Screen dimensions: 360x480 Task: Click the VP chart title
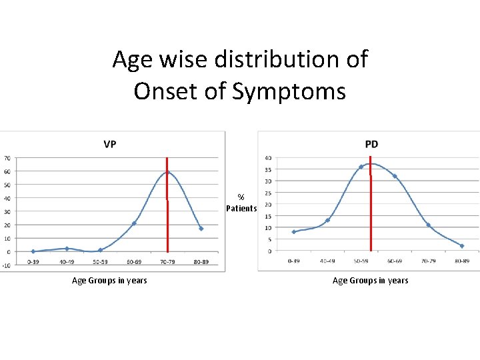coord(109,144)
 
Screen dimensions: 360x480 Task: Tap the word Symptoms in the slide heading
coord(289,91)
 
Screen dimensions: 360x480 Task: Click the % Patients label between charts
coord(241,203)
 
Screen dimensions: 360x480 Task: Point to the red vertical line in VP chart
coord(167,220)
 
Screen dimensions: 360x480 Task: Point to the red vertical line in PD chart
coord(370,213)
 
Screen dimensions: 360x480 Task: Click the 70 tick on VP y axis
coord(7,158)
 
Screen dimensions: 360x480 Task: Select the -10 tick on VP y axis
coord(6,265)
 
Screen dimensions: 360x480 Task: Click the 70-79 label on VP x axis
coord(167,262)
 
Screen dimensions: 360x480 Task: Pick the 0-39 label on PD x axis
coord(293,261)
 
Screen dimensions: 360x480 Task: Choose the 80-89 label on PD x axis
coord(462,261)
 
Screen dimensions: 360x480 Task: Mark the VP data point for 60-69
coord(134,223)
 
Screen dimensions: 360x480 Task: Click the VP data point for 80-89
coord(201,229)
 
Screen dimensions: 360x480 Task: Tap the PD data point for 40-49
coord(327,220)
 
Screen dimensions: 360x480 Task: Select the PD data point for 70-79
coord(428,225)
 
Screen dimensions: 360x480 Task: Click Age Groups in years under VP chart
coord(109,281)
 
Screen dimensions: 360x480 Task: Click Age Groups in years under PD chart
coord(370,281)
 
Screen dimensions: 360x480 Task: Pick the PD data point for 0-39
coord(293,232)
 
